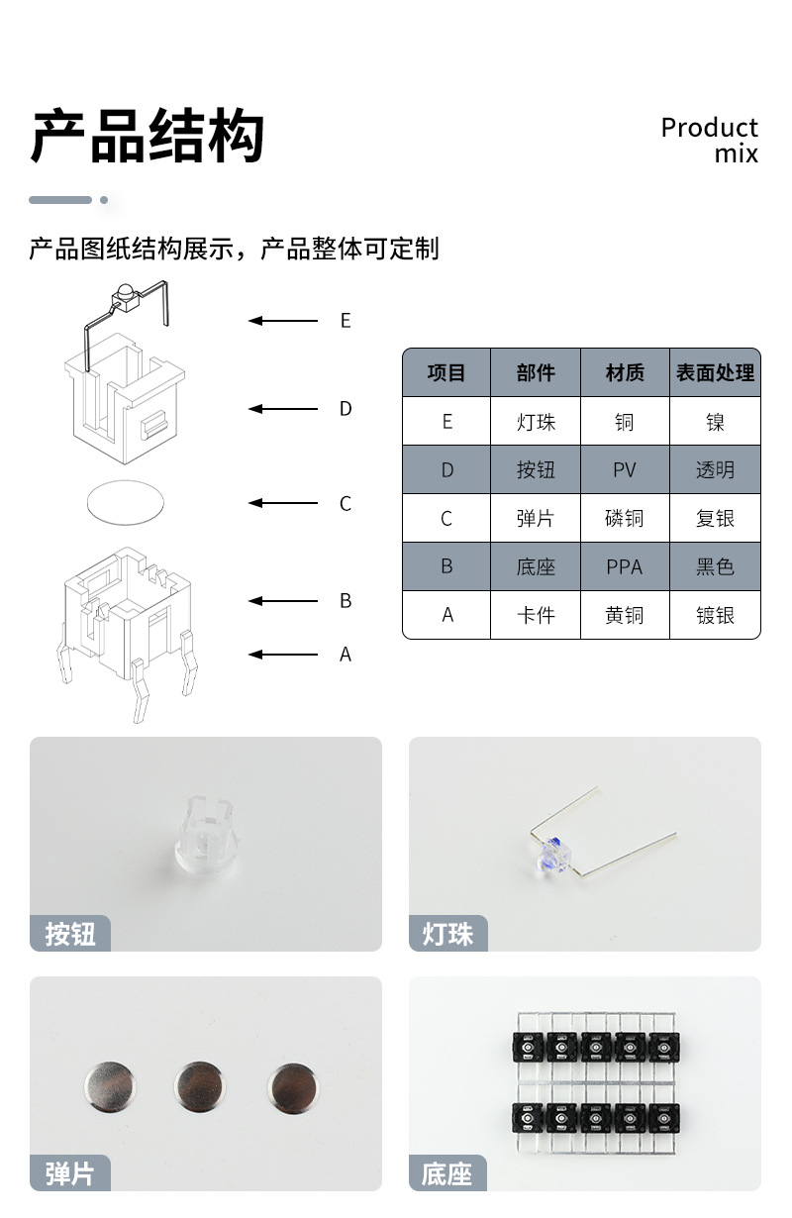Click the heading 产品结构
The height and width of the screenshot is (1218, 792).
coord(148,137)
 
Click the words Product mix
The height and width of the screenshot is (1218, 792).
coord(709,140)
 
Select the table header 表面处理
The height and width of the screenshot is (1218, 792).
coord(715,373)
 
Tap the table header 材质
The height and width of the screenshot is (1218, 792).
coord(625,373)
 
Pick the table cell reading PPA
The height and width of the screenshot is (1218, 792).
coord(625,567)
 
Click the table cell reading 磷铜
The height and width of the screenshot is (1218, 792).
coord(625,519)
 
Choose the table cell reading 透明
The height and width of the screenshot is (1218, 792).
coord(715,470)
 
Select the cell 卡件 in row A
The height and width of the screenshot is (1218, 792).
coord(536,615)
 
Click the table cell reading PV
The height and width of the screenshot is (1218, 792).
coord(625,470)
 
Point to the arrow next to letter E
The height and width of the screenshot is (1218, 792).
coord(283,321)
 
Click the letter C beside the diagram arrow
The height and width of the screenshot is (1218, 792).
coord(346,504)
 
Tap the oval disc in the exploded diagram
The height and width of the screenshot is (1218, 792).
coord(123,502)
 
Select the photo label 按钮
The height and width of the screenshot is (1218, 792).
coord(70,934)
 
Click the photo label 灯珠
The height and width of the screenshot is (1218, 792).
coord(448,934)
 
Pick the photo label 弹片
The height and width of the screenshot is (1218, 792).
coord(70,1173)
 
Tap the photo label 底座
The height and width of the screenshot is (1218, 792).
coord(447,1173)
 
